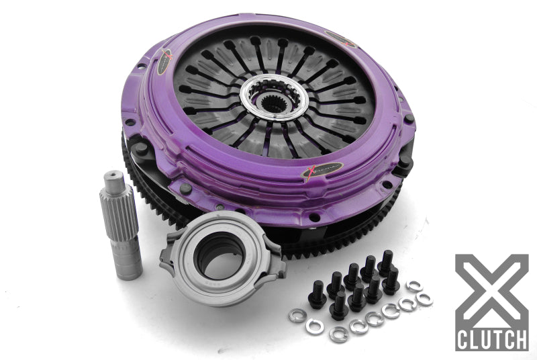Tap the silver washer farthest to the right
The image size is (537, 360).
pos(424,300)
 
